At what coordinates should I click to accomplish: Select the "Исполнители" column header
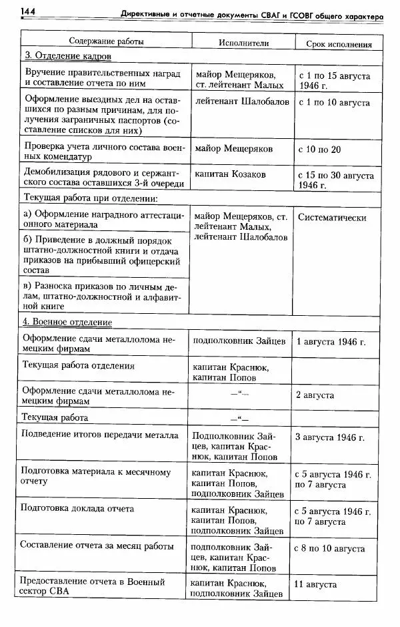click(244, 41)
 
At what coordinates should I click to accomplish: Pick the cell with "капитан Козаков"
click(230, 174)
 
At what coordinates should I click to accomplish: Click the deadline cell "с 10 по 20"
click(320, 149)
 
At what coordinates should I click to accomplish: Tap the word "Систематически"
click(333, 217)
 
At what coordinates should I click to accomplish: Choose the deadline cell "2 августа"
click(315, 395)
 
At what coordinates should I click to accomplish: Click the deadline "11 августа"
click(315, 584)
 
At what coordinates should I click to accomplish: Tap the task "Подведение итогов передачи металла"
click(101, 436)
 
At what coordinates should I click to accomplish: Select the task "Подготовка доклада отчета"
click(79, 508)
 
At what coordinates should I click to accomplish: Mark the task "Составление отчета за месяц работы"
click(100, 544)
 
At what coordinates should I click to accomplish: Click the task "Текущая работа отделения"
click(79, 365)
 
